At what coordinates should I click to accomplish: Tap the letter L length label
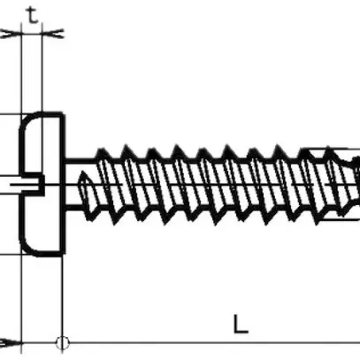241,323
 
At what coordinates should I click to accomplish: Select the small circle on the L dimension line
62,342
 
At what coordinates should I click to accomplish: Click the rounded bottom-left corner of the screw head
25,248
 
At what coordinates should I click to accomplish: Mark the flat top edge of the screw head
44,114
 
